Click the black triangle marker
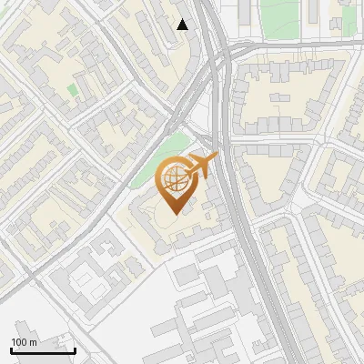click(x=183, y=25)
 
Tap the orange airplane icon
click(x=201, y=167)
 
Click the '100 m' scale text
click(x=25, y=342)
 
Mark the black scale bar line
click(x=43, y=350)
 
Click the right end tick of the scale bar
click(x=75, y=348)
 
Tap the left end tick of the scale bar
click(x=12, y=348)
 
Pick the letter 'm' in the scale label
click(x=34, y=342)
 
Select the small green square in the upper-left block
click(x=72, y=90)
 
